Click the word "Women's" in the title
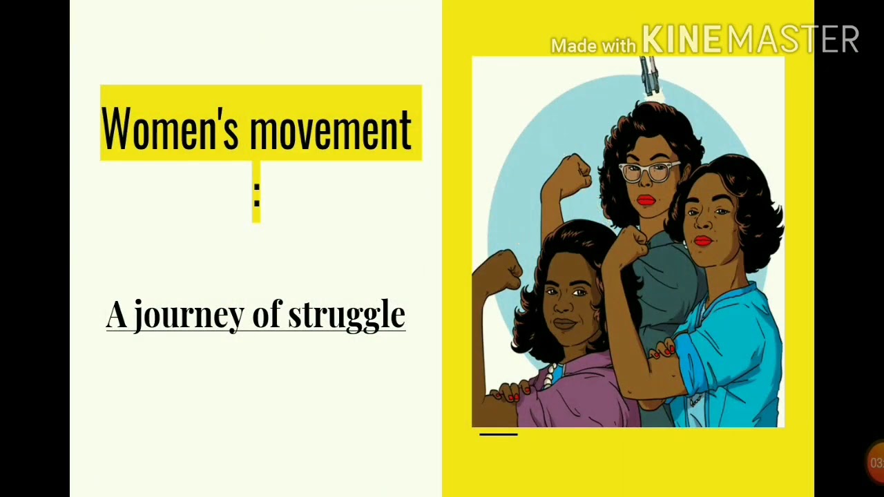[169, 128]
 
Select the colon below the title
[256, 195]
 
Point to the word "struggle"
[346, 315]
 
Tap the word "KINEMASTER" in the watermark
[750, 39]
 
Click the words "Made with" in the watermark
[593, 46]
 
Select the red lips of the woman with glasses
[646, 200]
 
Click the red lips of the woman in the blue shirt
[702, 240]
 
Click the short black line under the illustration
[498, 434]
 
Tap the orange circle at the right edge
[876, 462]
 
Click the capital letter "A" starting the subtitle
[116, 315]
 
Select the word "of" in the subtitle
[265, 315]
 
